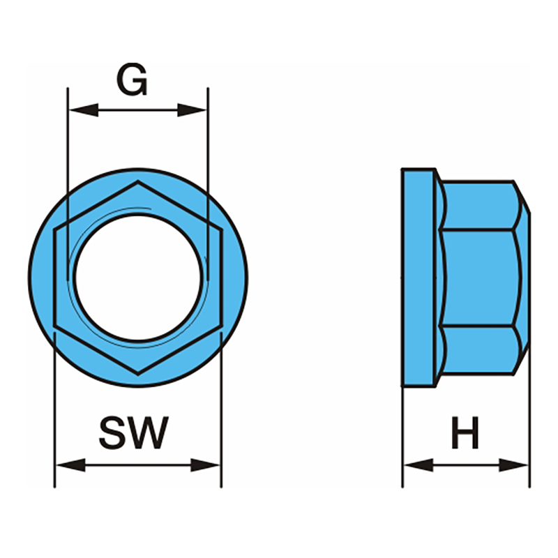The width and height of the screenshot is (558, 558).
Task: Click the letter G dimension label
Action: click(x=132, y=80)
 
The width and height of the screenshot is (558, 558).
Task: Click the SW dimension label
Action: click(x=133, y=433)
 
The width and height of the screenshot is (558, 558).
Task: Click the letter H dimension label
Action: click(x=465, y=433)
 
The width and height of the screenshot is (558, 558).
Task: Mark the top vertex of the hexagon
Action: click(x=138, y=182)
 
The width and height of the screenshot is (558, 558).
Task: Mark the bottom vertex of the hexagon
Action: click(x=138, y=375)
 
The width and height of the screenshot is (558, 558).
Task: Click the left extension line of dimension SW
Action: click(x=54, y=418)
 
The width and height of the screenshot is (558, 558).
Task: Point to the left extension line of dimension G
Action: click(x=67, y=139)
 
